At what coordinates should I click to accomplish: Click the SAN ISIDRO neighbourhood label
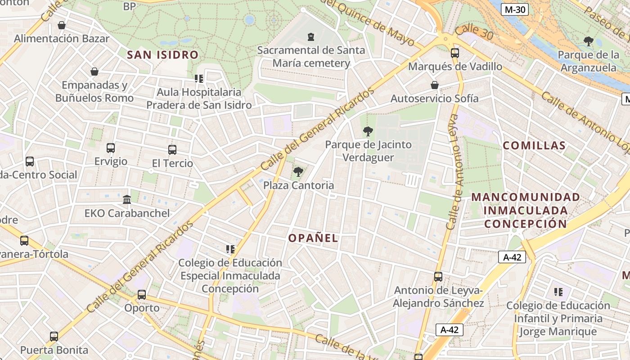162,55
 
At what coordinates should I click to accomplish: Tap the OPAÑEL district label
313,238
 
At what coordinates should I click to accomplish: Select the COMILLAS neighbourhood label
534,145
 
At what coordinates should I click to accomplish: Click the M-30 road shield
515,9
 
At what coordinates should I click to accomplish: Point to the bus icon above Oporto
142,295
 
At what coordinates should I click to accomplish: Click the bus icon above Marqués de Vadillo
454,53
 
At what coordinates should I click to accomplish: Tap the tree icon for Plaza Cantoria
298,171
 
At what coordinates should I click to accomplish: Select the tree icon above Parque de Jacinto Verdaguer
368,131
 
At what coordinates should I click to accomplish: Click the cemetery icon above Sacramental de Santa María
310,36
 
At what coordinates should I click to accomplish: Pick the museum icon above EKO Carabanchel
127,199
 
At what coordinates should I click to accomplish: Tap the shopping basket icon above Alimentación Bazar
62,25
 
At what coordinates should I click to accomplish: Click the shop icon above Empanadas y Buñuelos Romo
94,72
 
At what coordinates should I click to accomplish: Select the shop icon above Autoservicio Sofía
435,85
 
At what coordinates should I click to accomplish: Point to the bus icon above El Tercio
172,150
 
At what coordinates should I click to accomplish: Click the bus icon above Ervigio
111,148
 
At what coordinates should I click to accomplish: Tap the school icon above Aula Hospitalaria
199,79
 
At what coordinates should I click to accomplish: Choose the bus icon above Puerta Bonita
54,336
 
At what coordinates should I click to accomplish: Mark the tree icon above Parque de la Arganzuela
588,41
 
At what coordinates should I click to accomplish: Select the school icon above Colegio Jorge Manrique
558,292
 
